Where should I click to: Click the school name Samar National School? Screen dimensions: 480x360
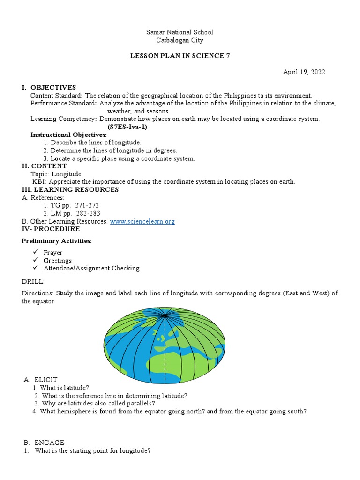tap(180, 32)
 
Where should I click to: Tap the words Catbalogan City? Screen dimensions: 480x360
tap(180, 40)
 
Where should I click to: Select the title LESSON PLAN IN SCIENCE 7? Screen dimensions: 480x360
tap(180, 56)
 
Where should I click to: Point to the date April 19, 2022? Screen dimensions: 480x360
tap(304, 72)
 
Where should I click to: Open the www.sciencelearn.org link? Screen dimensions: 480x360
tap(142, 221)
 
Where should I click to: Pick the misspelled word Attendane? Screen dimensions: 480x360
tap(61, 268)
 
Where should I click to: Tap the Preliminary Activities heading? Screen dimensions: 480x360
tap(57, 241)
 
